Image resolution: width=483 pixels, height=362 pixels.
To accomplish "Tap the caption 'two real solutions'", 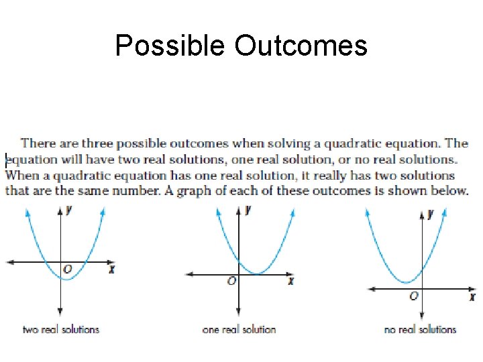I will point(61,329).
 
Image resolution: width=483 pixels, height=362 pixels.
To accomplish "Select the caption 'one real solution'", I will point(239,329).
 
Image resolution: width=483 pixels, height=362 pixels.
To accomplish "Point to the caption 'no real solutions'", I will point(420,329).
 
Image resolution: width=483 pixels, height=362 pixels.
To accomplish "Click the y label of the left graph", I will point(69,210).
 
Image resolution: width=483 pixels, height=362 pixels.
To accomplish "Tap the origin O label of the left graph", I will point(67,269).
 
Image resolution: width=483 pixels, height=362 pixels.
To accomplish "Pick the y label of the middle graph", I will point(248,210).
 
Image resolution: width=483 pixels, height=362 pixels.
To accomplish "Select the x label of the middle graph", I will point(290,281).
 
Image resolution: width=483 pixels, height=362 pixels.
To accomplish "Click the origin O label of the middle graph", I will point(231,282).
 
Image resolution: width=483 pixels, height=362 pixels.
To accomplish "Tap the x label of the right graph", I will point(472,296).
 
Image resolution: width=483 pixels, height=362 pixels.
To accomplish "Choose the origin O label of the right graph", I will point(414,296).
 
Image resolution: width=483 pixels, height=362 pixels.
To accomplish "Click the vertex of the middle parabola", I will point(256,274).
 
